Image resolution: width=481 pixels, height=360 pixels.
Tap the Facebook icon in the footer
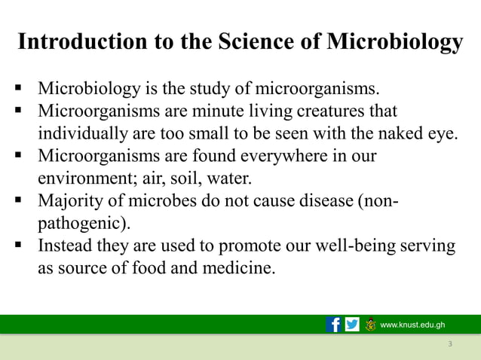pyautogui.click(x=333, y=325)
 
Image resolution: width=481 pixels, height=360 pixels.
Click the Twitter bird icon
pyautogui.click(x=352, y=325)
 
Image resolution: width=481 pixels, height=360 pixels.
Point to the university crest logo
pyautogui.click(x=370, y=325)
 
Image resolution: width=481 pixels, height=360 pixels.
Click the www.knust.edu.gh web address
pyautogui.click(x=412, y=325)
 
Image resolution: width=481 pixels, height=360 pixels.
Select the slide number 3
pyautogui.click(x=449, y=344)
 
